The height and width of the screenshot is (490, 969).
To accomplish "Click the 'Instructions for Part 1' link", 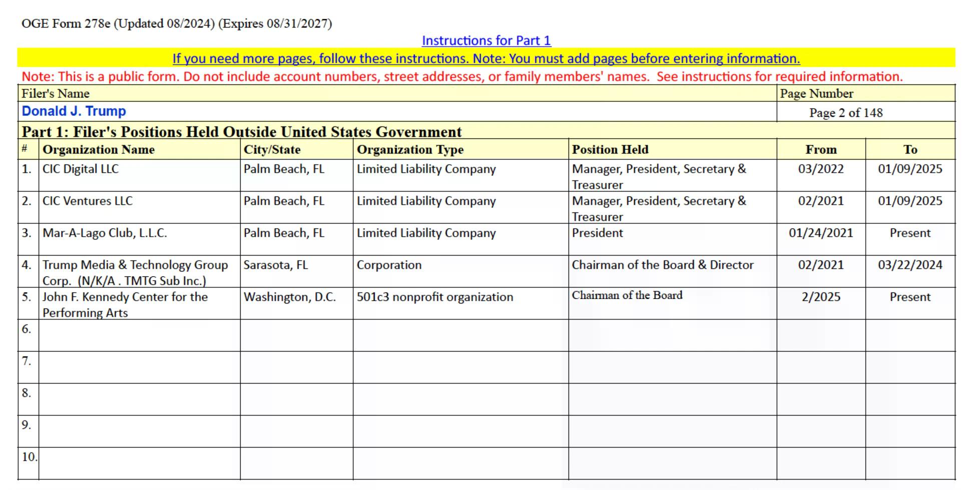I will (486, 40).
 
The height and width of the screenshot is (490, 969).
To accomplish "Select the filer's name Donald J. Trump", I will (74, 111).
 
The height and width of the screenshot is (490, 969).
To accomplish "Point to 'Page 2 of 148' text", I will (846, 112).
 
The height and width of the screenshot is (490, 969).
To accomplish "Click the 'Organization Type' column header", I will (410, 149).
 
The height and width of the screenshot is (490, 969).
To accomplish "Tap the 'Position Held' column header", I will (610, 149).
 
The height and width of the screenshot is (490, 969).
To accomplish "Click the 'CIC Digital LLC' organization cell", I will (81, 169).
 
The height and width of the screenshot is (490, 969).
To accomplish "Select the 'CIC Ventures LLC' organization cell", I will (88, 201).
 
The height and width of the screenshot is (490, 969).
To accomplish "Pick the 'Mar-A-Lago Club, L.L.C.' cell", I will (105, 233).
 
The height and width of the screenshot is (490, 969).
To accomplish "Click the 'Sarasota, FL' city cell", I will (275, 265).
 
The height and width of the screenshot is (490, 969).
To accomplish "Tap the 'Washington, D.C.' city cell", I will (290, 297).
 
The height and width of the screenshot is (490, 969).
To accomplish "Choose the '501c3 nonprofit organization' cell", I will (434, 297).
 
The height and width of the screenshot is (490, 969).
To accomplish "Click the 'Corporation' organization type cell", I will (389, 265).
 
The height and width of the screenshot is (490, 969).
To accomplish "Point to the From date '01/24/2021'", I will (821, 233).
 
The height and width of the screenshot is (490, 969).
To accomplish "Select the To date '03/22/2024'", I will (910, 265).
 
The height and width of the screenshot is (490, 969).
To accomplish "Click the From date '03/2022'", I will (821, 169).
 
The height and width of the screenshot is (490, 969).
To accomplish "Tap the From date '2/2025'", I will (821, 297).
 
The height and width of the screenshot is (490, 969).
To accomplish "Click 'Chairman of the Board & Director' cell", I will (663, 265).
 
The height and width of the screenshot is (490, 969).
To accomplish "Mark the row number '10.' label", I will (29, 456).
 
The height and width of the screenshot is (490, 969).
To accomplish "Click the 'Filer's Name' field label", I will (55, 93).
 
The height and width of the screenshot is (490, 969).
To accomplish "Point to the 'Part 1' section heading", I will (241, 131).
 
